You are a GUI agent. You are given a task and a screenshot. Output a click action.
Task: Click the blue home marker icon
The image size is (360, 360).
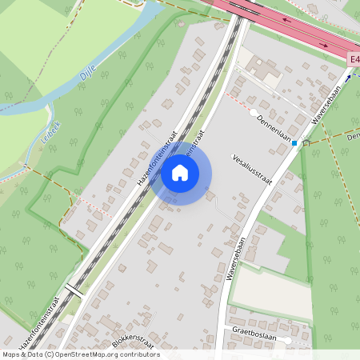(x=180, y=172)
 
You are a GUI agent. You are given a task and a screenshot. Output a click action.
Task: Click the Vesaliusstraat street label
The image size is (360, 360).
(x=252, y=169)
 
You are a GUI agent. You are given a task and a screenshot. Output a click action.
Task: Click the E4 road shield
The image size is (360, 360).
(x=354, y=60)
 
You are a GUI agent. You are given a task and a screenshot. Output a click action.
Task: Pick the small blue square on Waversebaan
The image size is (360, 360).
(x=294, y=143)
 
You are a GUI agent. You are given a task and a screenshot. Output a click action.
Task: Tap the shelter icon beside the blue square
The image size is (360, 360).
(x=306, y=142)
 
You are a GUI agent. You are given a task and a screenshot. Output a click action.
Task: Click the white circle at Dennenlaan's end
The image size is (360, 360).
(x=254, y=112)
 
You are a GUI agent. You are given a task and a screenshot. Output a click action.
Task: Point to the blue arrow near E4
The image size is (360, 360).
(x=349, y=78)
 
